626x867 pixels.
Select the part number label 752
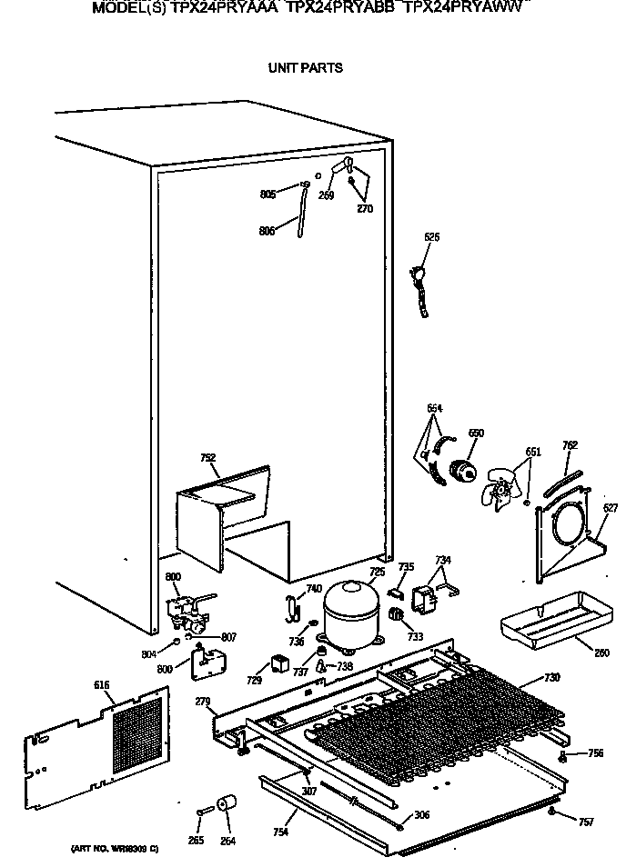pyautogui.click(x=208, y=458)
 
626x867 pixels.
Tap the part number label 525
pyautogui.click(x=432, y=237)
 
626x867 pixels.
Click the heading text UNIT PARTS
pyautogui.click(x=305, y=68)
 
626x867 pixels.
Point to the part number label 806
pyautogui.click(x=267, y=231)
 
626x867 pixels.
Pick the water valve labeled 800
pyautogui.click(x=189, y=609)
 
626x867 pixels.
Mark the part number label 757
pyautogui.click(x=586, y=822)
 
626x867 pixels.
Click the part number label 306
pyautogui.click(x=421, y=815)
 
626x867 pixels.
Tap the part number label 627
pyautogui.click(x=611, y=507)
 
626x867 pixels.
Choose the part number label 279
pyautogui.click(x=203, y=702)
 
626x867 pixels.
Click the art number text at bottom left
pyautogui.click(x=115, y=849)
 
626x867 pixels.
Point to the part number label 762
pyautogui.click(x=570, y=445)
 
